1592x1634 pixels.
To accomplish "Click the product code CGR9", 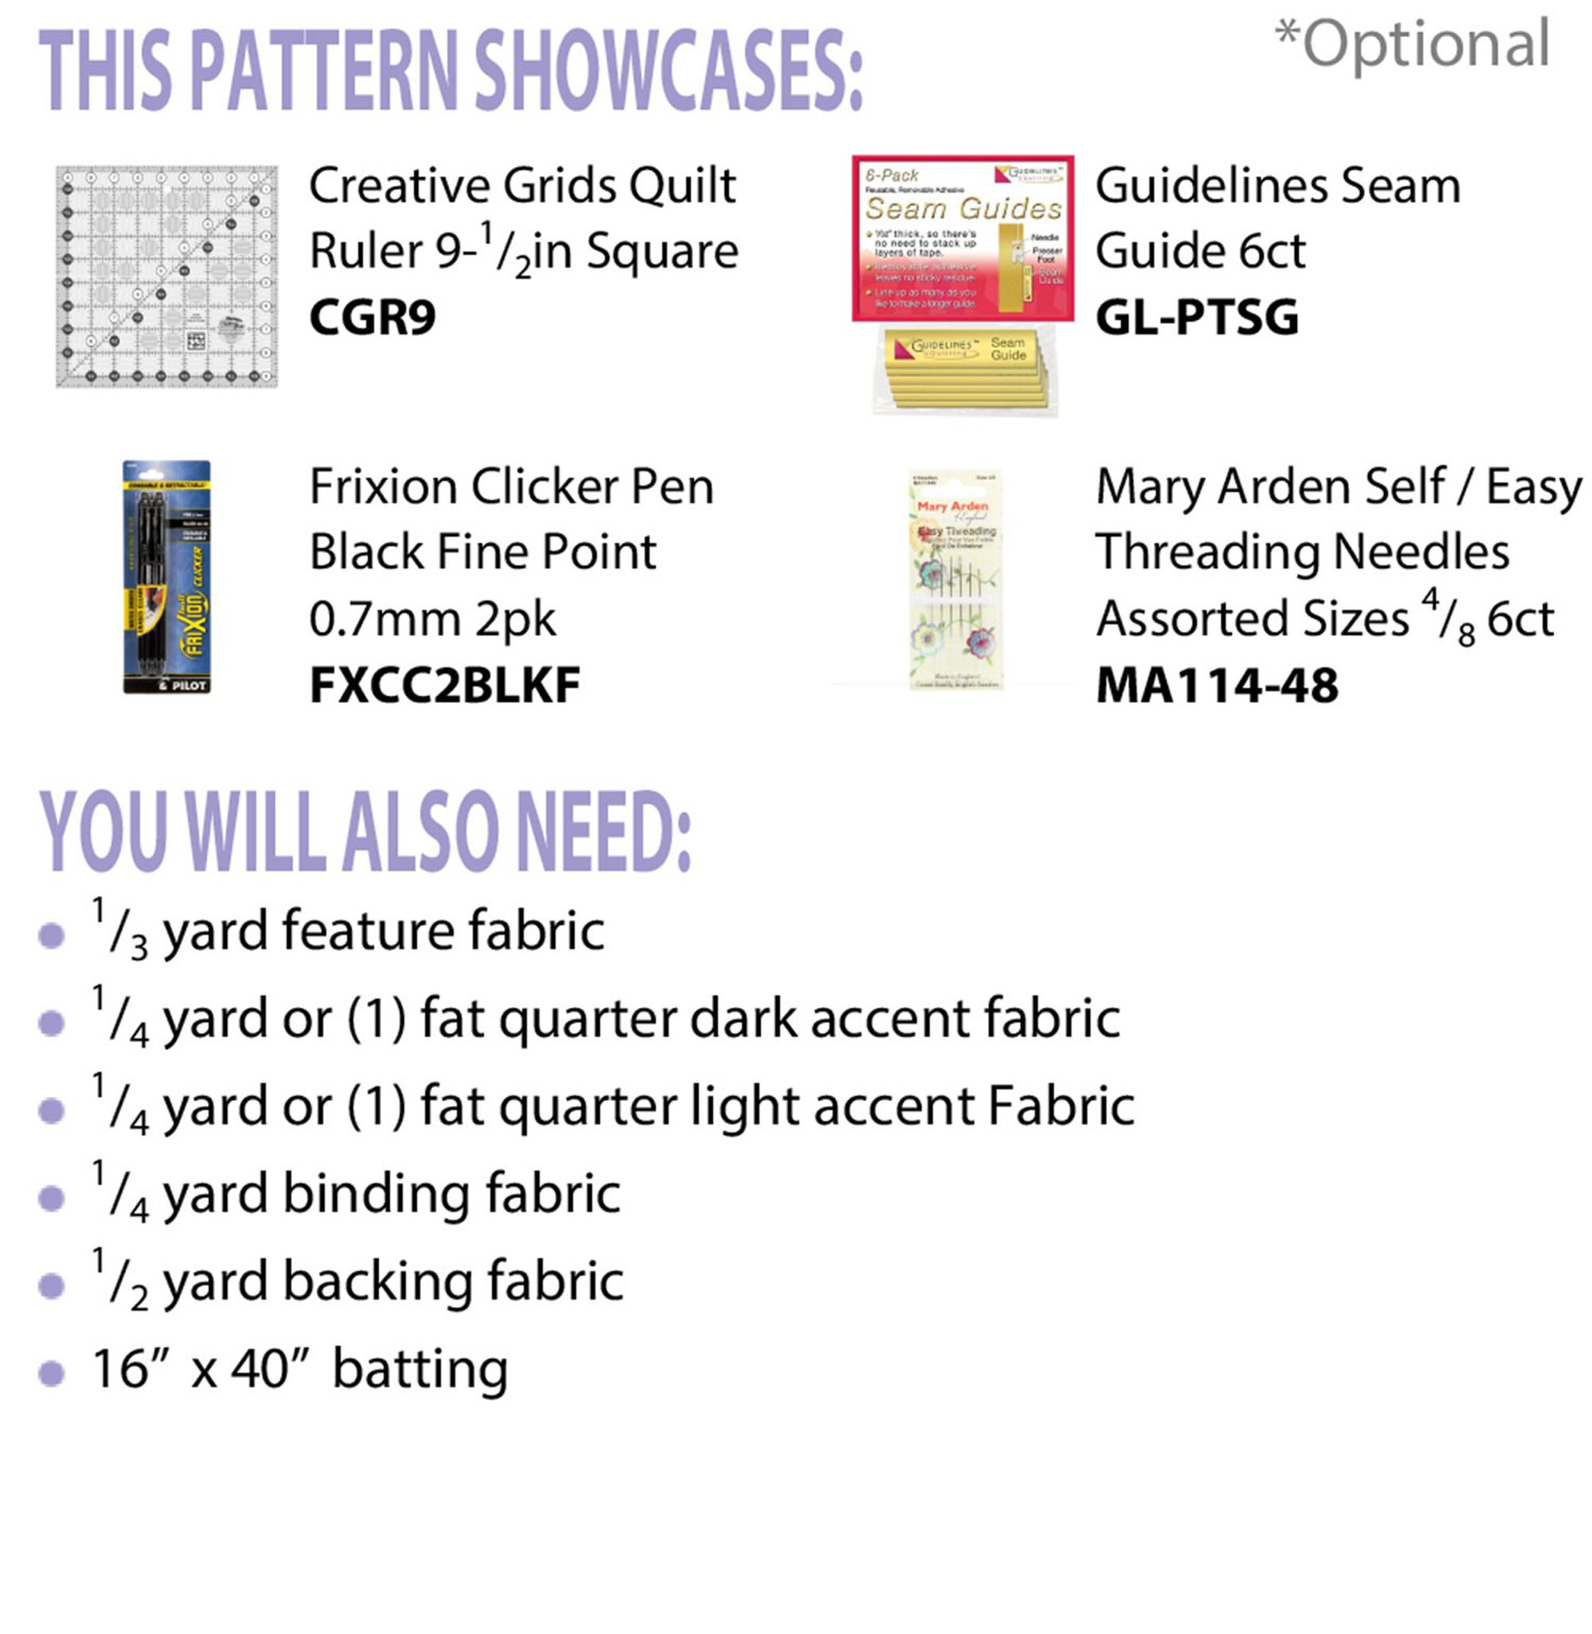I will [372, 318].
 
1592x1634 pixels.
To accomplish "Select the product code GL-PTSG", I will [1196, 318].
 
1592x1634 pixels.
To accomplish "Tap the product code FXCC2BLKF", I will [445, 686].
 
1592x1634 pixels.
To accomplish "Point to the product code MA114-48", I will [1216, 686].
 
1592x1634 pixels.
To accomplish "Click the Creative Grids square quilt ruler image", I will [166, 277].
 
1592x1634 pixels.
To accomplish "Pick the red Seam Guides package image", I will [962, 238].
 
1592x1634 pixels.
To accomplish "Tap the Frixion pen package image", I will [166, 577].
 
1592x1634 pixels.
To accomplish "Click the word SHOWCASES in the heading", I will [669, 71].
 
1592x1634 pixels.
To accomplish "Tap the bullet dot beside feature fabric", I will [52, 935].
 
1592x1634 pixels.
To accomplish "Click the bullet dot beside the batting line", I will [52, 1373].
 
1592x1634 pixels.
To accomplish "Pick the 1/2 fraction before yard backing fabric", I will [119, 1280].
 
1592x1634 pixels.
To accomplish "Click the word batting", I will [419, 1370].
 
